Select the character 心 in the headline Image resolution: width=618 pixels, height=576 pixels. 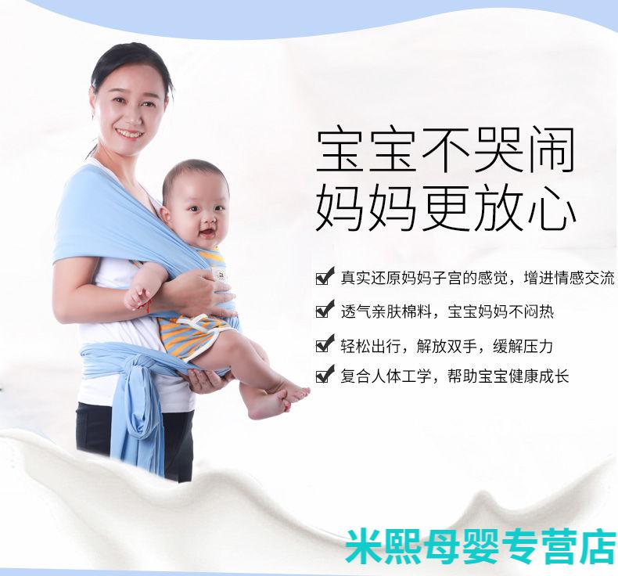(x=552, y=208)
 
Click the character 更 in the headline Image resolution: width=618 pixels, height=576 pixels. (x=445, y=208)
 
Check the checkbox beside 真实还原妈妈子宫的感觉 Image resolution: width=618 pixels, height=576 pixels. (x=325, y=276)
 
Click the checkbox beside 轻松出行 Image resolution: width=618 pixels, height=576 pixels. (x=325, y=344)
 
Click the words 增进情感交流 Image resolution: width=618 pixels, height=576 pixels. (x=569, y=278)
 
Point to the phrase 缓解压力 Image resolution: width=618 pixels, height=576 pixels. (x=523, y=347)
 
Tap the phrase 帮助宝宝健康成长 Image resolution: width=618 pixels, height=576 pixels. (x=508, y=376)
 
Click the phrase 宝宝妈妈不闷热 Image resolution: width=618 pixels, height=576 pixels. (x=501, y=311)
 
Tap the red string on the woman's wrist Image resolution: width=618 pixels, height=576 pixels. (x=149, y=305)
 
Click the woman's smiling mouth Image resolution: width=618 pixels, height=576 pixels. (x=130, y=134)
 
